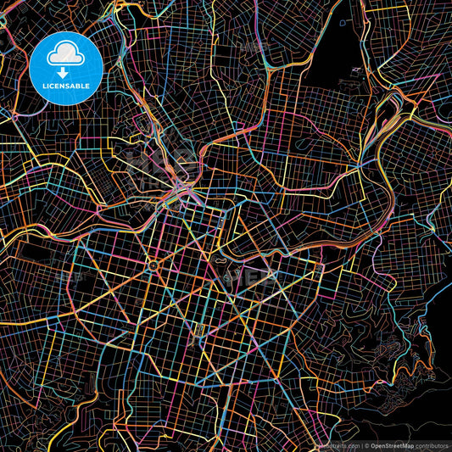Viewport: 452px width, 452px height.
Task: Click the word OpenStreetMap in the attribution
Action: [391, 445]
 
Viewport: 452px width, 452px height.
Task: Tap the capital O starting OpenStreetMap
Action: [372, 445]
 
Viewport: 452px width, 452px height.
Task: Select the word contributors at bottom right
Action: [431, 445]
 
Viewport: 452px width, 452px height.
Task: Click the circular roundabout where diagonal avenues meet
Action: [153, 266]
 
